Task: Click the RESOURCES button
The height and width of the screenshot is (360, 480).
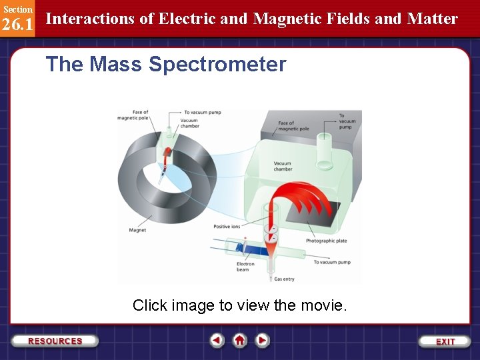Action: tap(55, 341)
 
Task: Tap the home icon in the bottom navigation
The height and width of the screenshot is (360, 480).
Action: tap(240, 341)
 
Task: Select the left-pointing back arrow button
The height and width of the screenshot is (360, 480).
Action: tap(217, 341)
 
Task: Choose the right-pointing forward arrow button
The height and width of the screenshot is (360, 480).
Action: tap(263, 341)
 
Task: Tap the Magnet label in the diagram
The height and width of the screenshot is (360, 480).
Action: tap(137, 231)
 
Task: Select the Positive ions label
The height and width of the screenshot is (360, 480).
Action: tap(227, 227)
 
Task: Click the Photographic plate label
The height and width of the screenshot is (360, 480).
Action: tap(326, 241)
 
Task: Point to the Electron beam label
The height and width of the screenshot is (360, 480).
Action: tap(245, 267)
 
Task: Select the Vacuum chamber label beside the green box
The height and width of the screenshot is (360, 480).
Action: tap(282, 166)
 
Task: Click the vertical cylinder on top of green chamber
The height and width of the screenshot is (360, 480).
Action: tap(325, 151)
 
